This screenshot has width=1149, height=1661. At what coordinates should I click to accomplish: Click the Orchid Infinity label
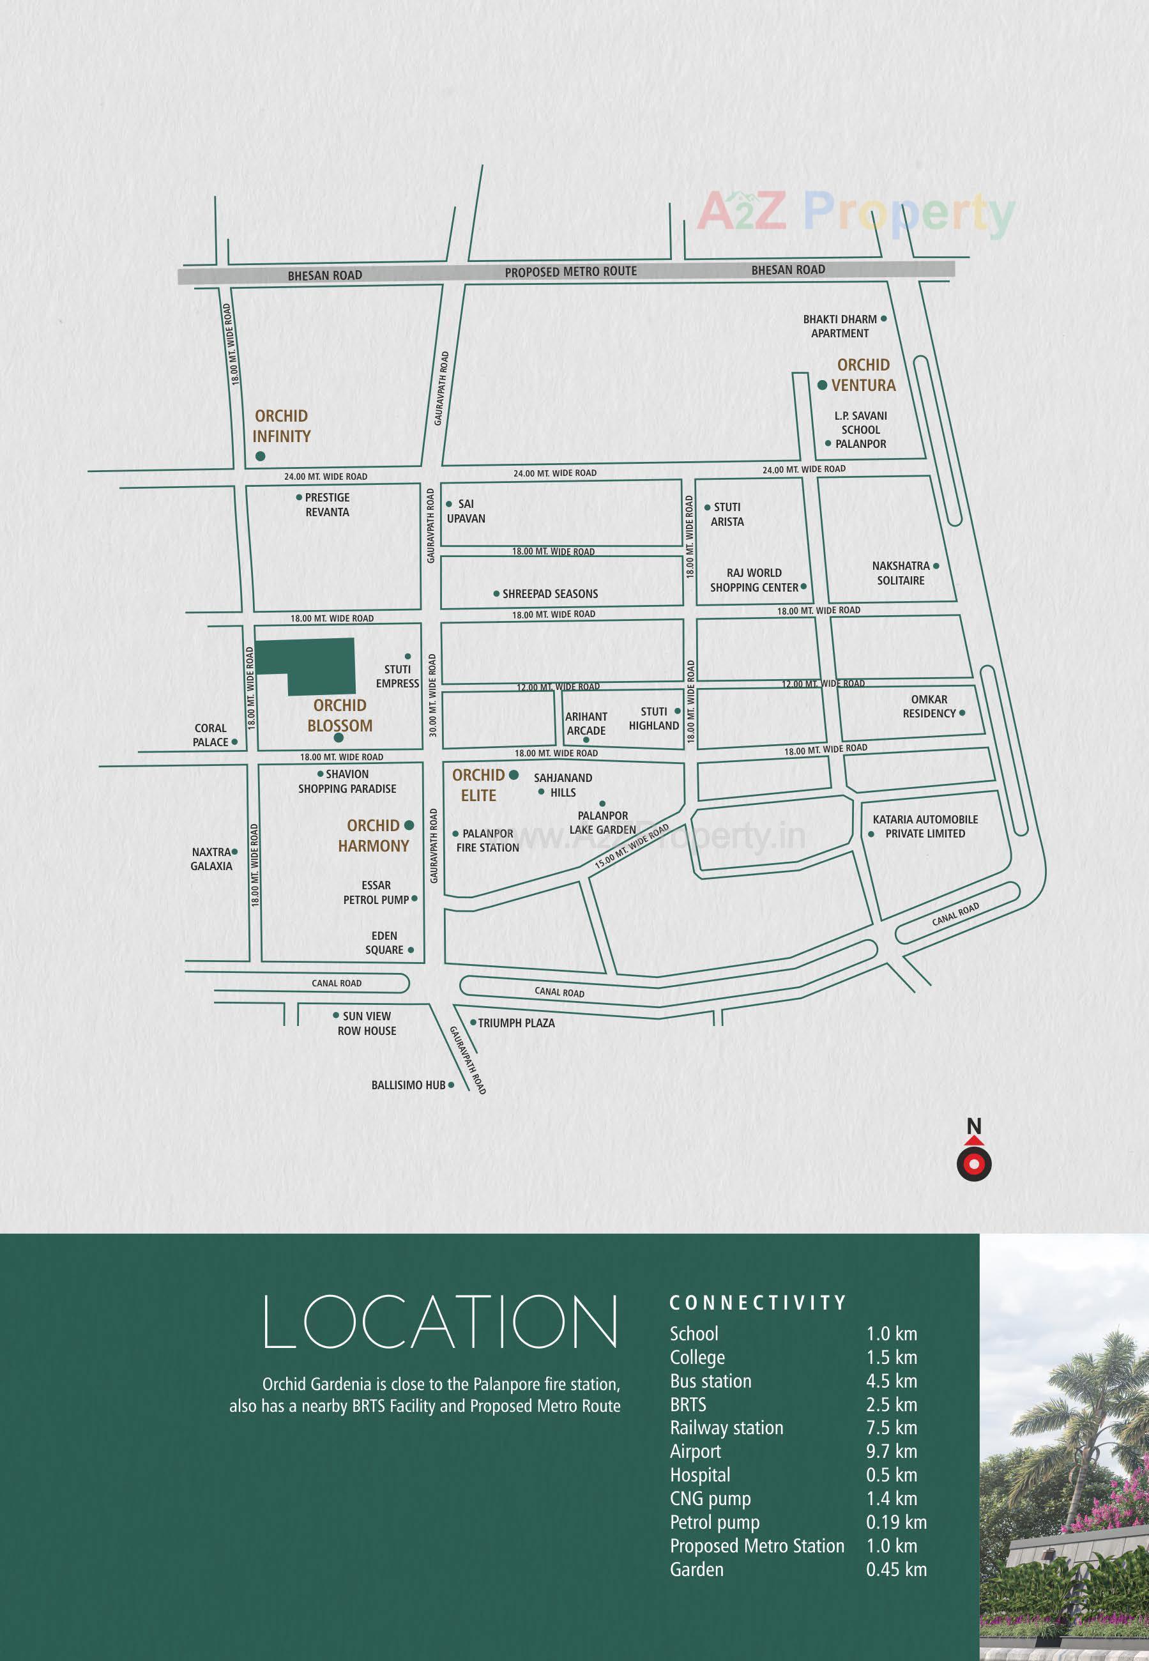point(282,425)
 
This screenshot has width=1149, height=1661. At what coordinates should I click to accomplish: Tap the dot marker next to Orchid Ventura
point(822,385)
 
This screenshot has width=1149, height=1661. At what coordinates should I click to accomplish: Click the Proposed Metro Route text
point(570,272)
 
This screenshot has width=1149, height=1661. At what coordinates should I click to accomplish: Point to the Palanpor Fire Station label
point(487,840)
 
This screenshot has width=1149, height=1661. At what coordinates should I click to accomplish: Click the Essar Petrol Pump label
point(376,892)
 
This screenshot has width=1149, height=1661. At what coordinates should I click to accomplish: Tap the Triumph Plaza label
point(516,1022)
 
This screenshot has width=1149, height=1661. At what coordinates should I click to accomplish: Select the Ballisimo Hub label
point(408,1085)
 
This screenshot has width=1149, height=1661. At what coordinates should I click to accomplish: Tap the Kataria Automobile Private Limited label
point(925,826)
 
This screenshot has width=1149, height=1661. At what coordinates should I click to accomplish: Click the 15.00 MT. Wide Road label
point(632,846)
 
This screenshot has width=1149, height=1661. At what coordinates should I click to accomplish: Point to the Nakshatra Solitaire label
point(901,572)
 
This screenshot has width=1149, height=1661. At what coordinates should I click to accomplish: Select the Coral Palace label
point(210,735)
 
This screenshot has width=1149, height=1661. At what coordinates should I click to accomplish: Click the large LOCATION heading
point(440,1322)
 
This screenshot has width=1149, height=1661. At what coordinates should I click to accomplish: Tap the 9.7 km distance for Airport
point(891,1451)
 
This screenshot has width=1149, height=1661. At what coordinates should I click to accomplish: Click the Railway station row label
point(726,1427)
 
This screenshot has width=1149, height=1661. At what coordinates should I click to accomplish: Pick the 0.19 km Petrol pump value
point(895,1522)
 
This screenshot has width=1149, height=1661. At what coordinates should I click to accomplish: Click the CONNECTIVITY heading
point(757,1303)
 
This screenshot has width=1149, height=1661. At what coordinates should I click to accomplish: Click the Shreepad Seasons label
point(550,593)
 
